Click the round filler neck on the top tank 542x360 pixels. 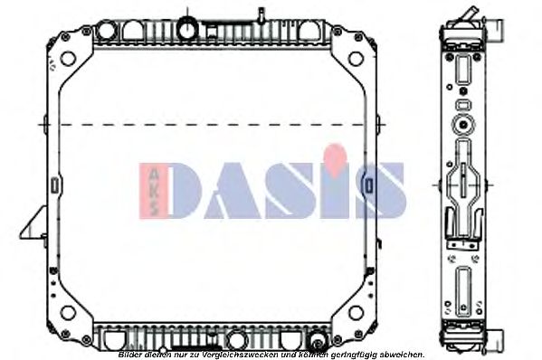[187, 28]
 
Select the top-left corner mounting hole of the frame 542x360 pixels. [65, 62]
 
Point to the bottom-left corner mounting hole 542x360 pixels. [65, 315]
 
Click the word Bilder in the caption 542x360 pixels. [130, 355]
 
